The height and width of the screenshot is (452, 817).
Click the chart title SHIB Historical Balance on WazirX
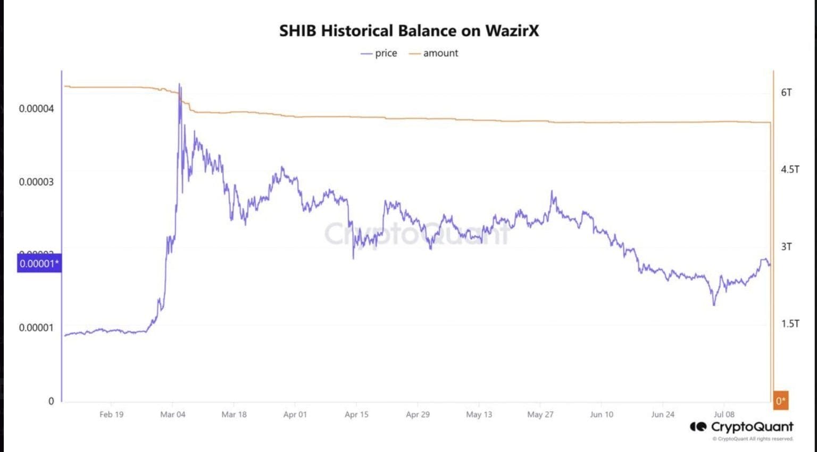(x=408, y=31)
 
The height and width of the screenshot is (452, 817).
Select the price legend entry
(x=379, y=53)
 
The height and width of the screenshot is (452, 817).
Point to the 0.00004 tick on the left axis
(x=36, y=108)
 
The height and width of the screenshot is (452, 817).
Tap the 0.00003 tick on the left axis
(x=36, y=182)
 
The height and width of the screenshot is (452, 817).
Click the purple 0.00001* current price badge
(x=39, y=264)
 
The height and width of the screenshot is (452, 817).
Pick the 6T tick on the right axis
(x=786, y=93)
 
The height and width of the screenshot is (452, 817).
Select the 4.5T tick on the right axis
(x=790, y=170)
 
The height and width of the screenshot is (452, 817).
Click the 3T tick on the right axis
(x=786, y=247)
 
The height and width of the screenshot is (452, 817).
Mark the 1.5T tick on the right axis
(x=790, y=324)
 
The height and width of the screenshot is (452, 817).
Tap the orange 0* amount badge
(x=780, y=401)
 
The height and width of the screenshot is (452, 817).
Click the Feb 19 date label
(x=111, y=414)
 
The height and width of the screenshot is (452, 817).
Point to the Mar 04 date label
(x=173, y=414)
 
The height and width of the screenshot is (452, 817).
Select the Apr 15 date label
(x=356, y=414)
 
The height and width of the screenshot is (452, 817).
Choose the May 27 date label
(x=540, y=414)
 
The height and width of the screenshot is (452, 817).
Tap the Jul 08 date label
(x=724, y=414)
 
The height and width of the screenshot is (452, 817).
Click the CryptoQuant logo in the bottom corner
(x=741, y=427)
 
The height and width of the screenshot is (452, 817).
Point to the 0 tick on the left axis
(x=51, y=401)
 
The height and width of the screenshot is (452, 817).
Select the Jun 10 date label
(x=602, y=414)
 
